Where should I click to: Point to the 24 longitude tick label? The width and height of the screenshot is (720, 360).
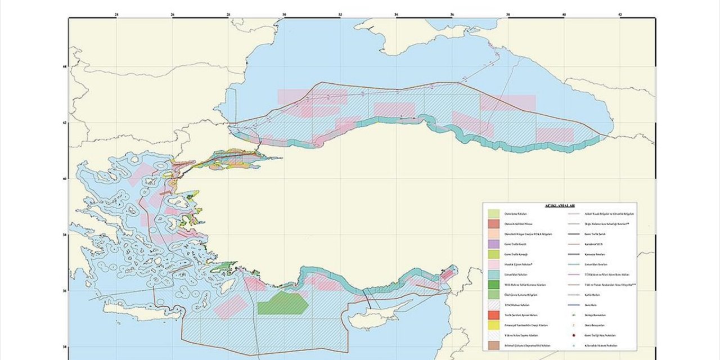[x=116, y=13]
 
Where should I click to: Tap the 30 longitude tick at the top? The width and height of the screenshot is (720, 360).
[x=285, y=13]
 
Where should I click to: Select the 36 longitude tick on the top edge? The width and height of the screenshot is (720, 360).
[x=452, y=13]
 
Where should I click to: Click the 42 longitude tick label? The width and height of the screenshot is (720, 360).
[x=620, y=13]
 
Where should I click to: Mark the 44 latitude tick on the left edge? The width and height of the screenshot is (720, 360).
[x=64, y=66]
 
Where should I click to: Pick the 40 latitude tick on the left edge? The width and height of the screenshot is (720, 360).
[x=64, y=179]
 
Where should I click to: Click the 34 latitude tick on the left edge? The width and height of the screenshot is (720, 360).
[x=64, y=347]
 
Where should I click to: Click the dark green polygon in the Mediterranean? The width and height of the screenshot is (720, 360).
[x=282, y=304]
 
